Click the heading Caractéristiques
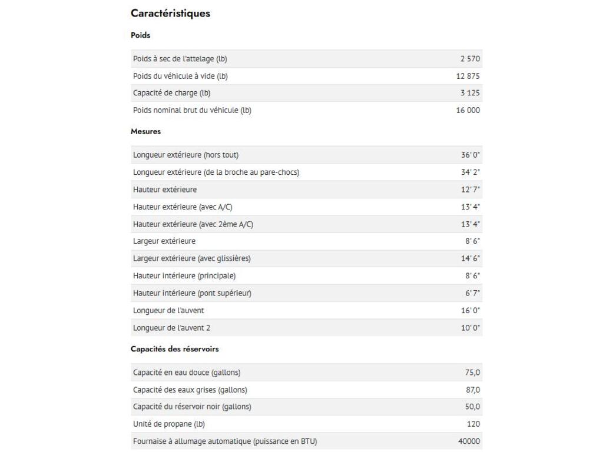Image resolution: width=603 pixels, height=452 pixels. pos(170,14)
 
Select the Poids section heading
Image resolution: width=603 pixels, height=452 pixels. pos(141,35)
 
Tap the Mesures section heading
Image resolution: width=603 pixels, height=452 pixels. pos(145,132)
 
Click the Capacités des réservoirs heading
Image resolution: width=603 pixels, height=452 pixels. pos(174,349)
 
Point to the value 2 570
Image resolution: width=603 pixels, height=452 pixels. pos(470,59)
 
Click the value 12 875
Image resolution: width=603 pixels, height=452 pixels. pos(468,76)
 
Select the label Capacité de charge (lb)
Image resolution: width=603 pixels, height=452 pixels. pos(171,93)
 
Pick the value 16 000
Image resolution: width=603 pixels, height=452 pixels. pos(468,110)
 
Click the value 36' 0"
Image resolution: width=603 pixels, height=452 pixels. pos(471,155)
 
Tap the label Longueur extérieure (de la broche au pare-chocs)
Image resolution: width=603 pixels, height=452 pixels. pos(216,172)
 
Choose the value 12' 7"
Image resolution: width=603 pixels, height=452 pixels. pos(471,190)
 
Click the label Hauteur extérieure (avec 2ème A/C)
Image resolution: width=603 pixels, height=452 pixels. pos(193,224)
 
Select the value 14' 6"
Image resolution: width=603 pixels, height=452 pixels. pos(471,258)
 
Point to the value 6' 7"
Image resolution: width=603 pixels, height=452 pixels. pos(472,293)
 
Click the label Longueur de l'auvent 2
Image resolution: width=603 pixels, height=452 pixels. pos(171,328)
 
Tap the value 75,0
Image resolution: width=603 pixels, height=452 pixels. pos(472,373)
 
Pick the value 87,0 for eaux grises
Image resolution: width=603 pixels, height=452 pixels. pos(472,390)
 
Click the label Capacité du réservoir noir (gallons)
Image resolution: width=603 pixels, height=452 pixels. pos(192,407)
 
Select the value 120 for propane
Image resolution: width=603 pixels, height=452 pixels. pos(473,424)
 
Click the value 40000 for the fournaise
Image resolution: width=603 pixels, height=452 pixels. pos(469,441)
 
